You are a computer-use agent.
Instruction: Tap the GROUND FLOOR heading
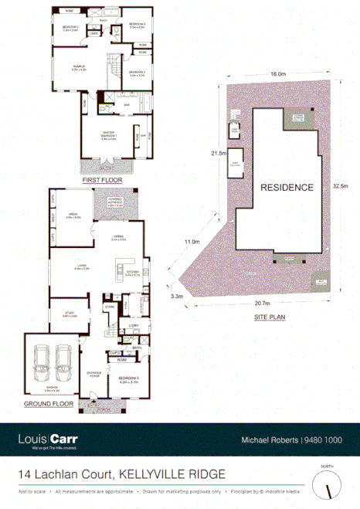[x=49, y=403]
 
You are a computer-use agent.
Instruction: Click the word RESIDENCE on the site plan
[x=286, y=187]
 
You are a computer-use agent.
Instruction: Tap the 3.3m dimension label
[x=177, y=295]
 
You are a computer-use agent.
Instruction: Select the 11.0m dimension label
[x=191, y=242]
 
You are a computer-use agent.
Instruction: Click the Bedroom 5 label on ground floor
[x=128, y=378]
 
